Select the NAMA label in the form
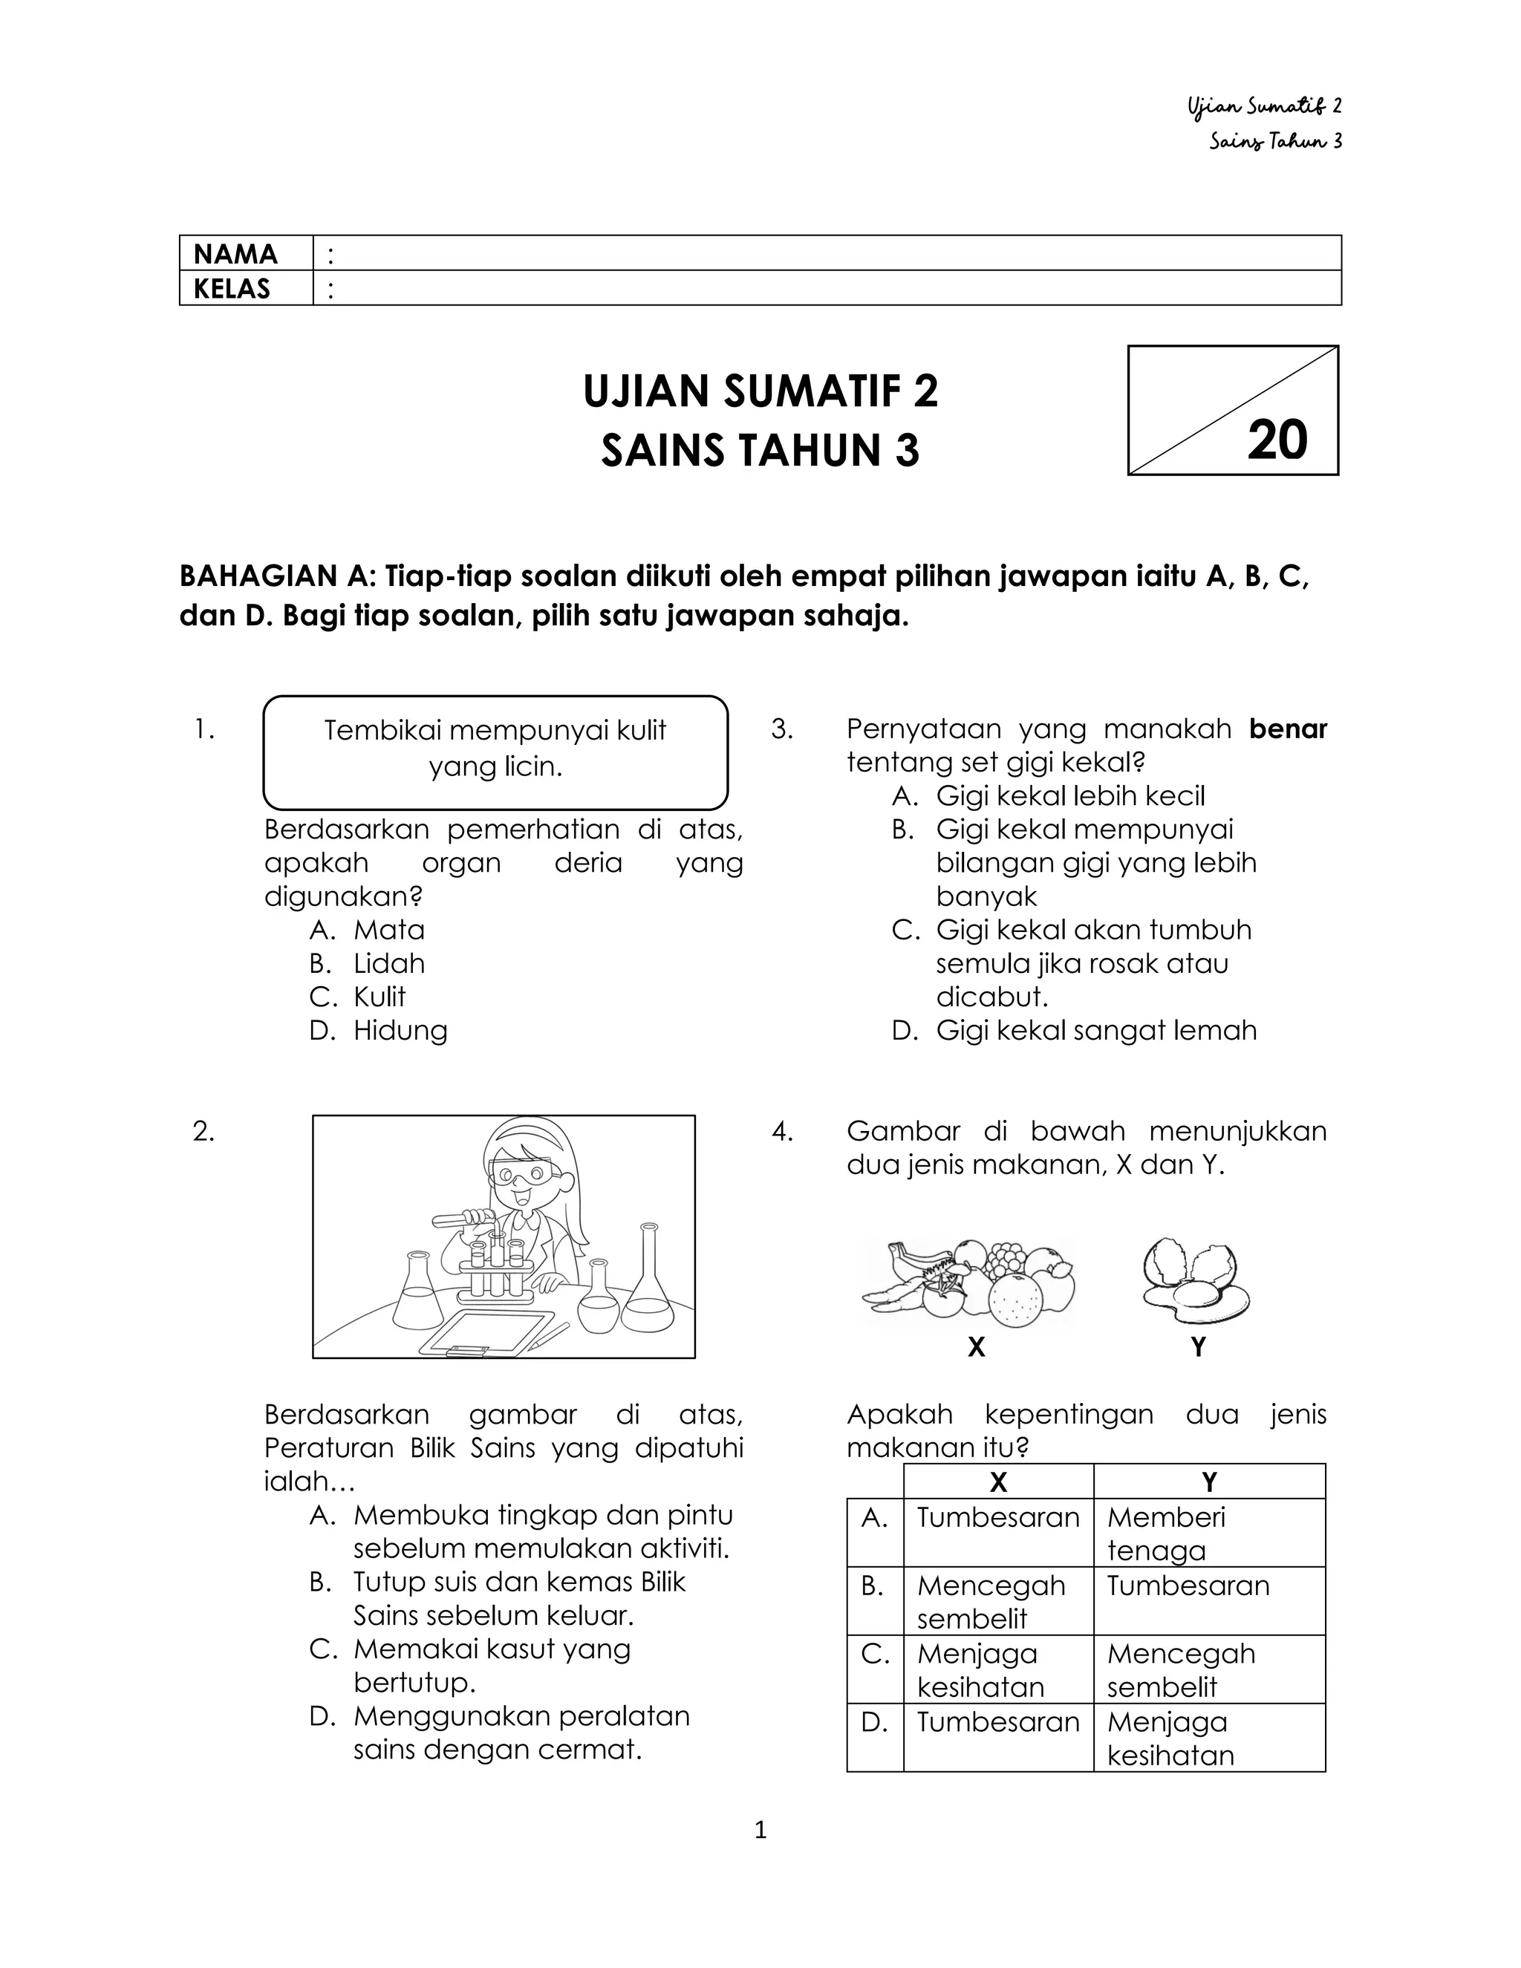coord(235,254)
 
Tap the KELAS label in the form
coord(232,288)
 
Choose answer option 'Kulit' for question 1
coord(380,997)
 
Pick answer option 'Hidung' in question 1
coord(400,1030)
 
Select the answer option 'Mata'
coord(388,930)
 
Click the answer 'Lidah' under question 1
coord(388,963)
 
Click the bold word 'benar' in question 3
coord(1288,729)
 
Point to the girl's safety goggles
coord(523,1174)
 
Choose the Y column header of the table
coord(1208,1482)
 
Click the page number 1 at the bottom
coord(760,1830)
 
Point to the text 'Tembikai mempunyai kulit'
coord(495,730)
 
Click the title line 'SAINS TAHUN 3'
coord(760,451)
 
